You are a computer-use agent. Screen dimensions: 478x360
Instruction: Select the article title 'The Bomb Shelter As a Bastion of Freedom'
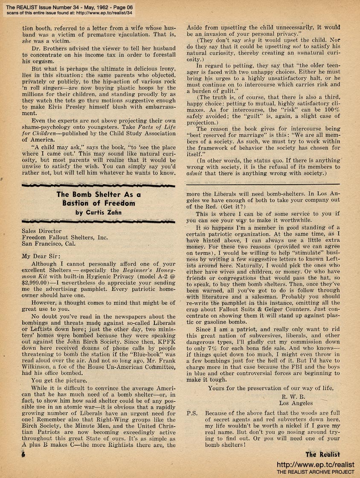pyautogui.click(x=99, y=199)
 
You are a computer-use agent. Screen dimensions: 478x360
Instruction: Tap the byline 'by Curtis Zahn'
pyautogui.click(x=99, y=212)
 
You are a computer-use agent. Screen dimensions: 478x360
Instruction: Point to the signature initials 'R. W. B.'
pyautogui.click(x=290, y=396)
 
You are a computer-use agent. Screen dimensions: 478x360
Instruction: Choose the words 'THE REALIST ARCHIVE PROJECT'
pyautogui.click(x=315, y=472)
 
